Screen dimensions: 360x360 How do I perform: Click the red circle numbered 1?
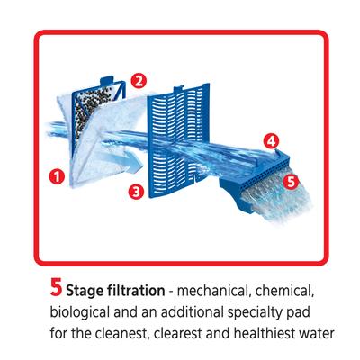pyautogui.click(x=57, y=176)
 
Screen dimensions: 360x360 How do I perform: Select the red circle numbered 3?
pyautogui.click(x=135, y=191)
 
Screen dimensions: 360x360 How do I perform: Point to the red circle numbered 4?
pyautogui.click(x=271, y=139)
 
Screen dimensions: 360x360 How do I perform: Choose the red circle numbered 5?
pyautogui.click(x=289, y=180)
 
